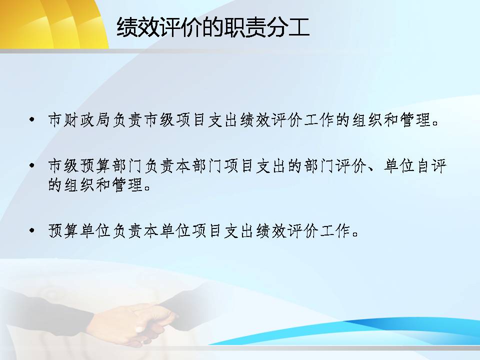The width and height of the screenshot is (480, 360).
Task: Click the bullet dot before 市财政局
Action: point(32,119)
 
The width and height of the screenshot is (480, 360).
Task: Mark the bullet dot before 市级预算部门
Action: point(32,165)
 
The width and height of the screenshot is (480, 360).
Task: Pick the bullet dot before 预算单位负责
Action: point(32,230)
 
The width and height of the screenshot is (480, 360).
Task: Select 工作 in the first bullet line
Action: point(320,119)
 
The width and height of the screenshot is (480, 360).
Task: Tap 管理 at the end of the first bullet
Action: point(415,119)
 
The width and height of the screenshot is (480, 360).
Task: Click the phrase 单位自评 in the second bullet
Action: point(415,166)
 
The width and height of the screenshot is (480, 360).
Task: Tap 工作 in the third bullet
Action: point(336,231)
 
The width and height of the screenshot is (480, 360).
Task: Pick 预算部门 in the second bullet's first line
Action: point(111,166)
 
